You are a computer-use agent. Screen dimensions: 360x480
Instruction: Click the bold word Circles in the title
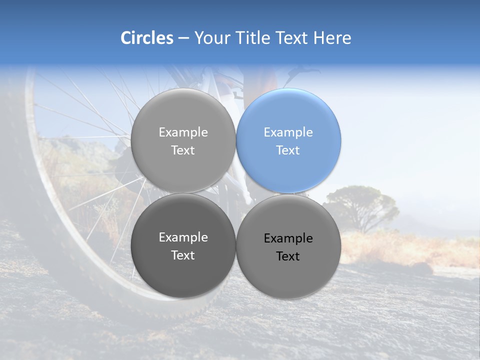(x=146, y=38)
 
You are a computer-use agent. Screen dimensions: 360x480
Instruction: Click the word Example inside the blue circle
(x=288, y=132)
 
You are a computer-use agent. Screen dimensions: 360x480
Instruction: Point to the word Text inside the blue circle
(x=288, y=150)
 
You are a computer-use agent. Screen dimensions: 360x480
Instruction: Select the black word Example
(x=288, y=238)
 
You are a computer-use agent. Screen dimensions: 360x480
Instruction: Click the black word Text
(x=288, y=256)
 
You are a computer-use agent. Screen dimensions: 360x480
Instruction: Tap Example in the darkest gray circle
(x=183, y=237)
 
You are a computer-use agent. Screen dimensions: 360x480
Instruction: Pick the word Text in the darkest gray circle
(x=183, y=255)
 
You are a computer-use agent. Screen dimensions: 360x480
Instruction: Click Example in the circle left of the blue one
(x=183, y=132)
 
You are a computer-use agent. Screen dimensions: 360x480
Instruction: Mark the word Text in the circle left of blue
(x=183, y=150)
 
